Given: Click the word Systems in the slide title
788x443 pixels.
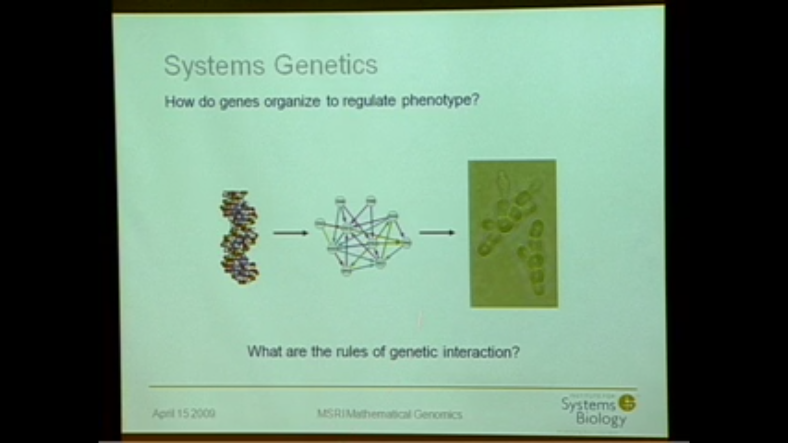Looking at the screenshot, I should [x=214, y=66].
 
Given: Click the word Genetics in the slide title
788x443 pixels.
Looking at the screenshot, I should [x=326, y=65].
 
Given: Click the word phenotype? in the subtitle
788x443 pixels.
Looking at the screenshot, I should [x=440, y=100].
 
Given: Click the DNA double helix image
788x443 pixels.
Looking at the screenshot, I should [x=240, y=237].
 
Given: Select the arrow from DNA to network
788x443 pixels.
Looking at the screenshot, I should [x=291, y=233].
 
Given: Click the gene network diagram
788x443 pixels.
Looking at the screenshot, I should [x=363, y=236].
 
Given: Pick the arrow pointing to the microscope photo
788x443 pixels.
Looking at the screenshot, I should [x=437, y=233].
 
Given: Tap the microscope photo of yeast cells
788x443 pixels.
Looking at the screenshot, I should [x=513, y=234].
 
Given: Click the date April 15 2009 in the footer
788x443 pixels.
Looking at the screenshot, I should [x=184, y=413].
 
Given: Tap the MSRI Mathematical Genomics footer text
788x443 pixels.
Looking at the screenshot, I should [x=389, y=414].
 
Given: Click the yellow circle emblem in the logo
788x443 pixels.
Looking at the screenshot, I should [x=627, y=403].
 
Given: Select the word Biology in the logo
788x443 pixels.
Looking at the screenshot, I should [x=601, y=419].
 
